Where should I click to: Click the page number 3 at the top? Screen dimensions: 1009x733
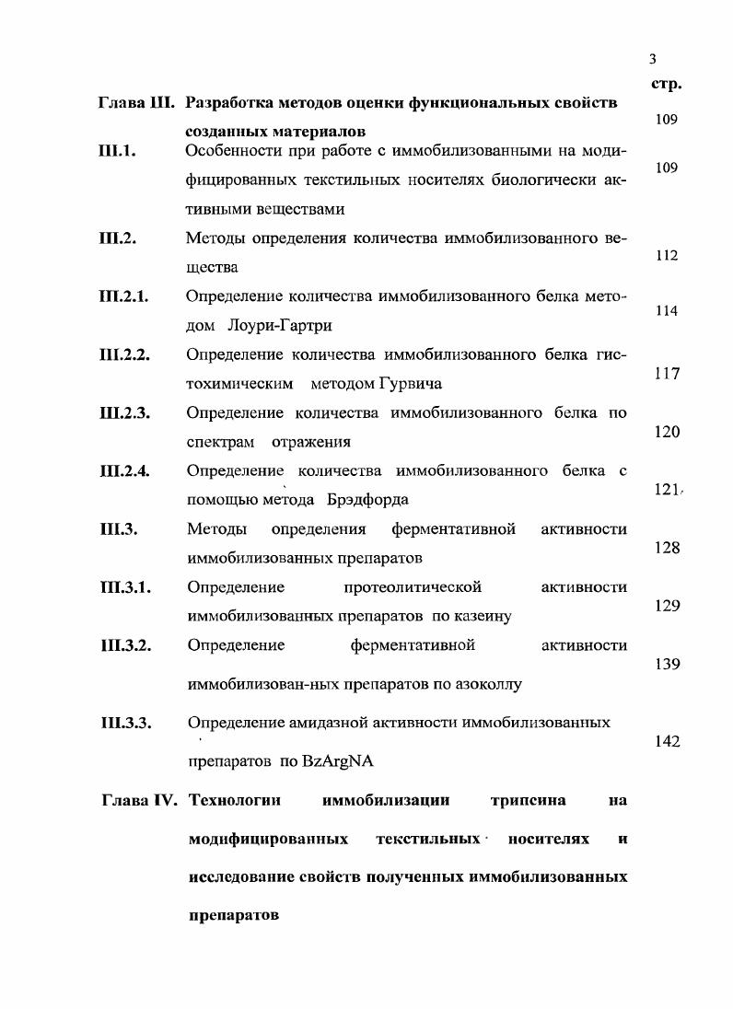(x=652, y=60)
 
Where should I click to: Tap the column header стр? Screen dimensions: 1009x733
(x=665, y=84)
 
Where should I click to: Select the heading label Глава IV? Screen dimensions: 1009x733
(x=141, y=800)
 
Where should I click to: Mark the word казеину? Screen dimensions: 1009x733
(x=480, y=616)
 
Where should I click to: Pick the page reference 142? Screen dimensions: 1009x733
(x=666, y=741)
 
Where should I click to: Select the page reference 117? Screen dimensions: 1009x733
(x=666, y=374)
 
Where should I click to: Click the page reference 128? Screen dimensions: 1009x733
(x=666, y=548)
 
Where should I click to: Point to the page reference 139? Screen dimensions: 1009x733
(x=666, y=664)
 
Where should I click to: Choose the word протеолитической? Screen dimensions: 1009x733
(x=412, y=587)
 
